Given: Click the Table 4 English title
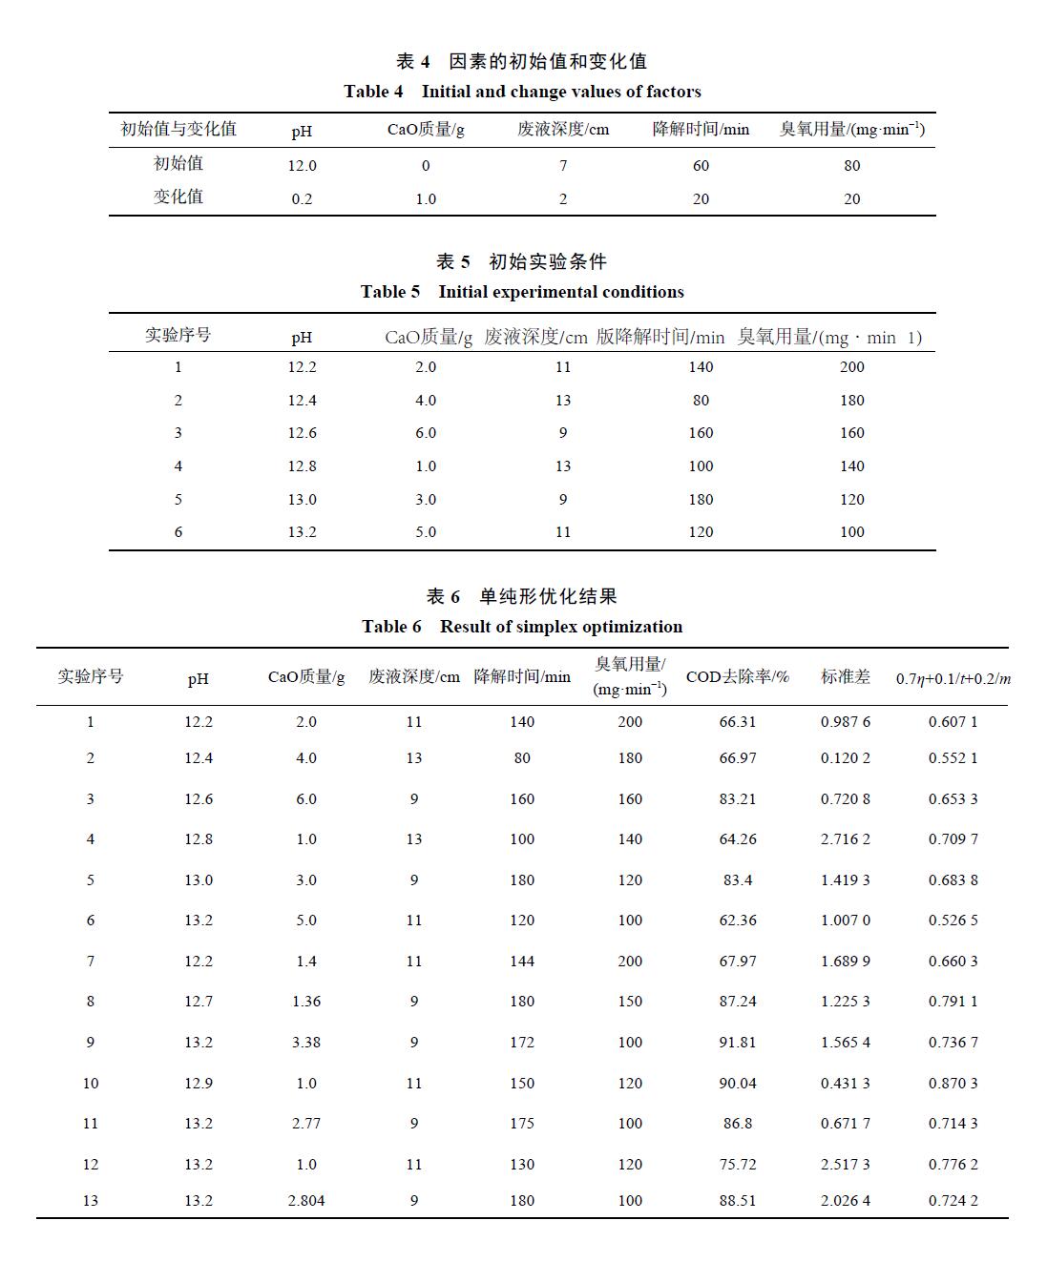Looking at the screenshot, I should [522, 92].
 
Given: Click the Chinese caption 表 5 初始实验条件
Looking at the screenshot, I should [521, 261].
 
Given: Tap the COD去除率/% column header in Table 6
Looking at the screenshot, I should [737, 677].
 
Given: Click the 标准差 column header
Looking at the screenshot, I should [845, 677].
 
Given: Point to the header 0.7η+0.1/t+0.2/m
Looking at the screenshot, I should [953, 679].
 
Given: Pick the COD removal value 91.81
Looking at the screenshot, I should [737, 1043].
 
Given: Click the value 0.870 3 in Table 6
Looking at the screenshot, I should [953, 1084].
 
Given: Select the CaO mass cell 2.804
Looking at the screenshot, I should [306, 1201].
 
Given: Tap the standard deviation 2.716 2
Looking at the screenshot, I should [845, 839].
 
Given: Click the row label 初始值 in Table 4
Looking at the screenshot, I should [178, 164].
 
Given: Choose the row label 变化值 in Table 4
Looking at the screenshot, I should [178, 197].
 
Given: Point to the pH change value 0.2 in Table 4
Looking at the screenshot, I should [302, 199].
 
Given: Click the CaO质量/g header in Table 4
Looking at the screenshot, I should [426, 130].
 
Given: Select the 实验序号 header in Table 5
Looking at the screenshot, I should [178, 335].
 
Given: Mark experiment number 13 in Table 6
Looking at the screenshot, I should [91, 1201].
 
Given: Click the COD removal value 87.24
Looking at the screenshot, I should [737, 1002].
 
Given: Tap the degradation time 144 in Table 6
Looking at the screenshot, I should [522, 962].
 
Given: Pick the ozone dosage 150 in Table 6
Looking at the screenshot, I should [630, 1002].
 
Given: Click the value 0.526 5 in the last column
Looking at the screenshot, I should [953, 921].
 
